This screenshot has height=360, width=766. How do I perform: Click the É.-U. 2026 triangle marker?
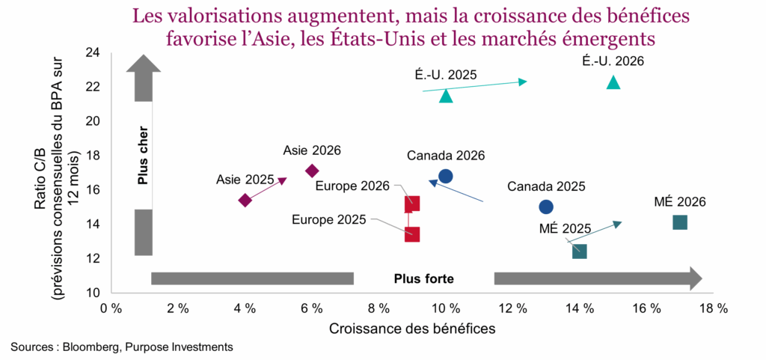coord(613,82)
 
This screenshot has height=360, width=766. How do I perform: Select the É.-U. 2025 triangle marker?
coord(446,96)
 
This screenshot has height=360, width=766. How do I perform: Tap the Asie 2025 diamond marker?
coord(245,200)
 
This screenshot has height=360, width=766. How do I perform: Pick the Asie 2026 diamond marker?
coord(312,171)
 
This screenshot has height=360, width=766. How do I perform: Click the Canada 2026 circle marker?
coord(446,176)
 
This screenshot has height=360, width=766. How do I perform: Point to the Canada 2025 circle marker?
coord(546,207)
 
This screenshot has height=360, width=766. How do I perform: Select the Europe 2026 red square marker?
coord(412,204)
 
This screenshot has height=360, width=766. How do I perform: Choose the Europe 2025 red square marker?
coord(412,234)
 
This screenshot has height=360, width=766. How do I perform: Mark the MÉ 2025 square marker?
coord(580,251)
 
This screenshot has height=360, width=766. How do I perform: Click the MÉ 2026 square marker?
coord(680,222)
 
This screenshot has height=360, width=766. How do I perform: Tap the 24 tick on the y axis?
coord(93,52)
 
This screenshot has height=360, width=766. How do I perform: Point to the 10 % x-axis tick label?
coord(446,308)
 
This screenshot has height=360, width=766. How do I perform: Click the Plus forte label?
coord(423,278)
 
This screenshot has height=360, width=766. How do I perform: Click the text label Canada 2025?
coord(546,186)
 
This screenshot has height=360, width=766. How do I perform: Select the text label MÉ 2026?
coord(680,201)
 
